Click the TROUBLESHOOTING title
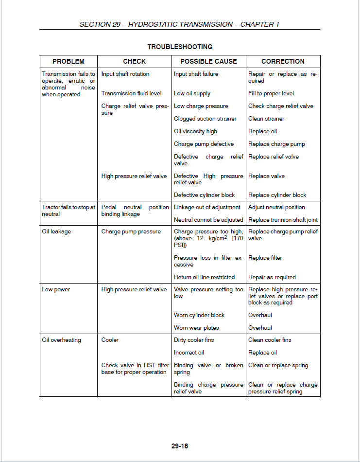point(180,47)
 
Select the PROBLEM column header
point(69,61)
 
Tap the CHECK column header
point(135,61)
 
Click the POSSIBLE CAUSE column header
point(209,61)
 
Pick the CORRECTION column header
point(283,61)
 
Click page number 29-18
point(180,445)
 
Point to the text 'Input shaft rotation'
point(125,74)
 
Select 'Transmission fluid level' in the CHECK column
point(132,93)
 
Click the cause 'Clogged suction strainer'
point(205,119)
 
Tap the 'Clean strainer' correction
point(266,119)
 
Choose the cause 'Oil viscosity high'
point(195,131)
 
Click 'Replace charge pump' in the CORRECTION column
point(276,144)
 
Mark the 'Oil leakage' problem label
point(56,231)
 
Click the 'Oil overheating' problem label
point(61,340)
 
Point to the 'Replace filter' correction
point(265,258)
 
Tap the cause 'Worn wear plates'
point(196,328)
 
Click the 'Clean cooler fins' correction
point(270,340)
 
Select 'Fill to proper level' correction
point(271,93)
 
